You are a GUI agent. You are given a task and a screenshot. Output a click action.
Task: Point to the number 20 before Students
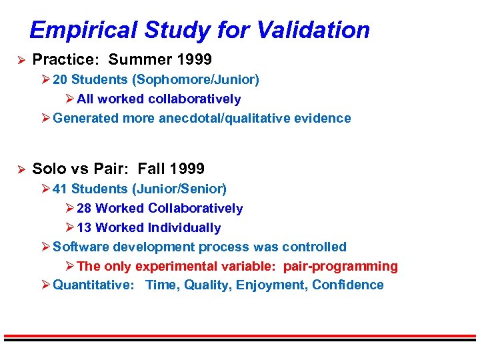pos(60,80)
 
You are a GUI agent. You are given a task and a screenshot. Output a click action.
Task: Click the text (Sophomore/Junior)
pos(196,80)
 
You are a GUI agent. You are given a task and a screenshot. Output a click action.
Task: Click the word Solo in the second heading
pos(50,169)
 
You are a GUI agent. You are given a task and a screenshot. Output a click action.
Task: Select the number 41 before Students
pos(60,189)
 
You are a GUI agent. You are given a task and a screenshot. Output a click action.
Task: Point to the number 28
pos(85,209)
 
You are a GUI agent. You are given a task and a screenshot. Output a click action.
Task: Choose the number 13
pos(85,228)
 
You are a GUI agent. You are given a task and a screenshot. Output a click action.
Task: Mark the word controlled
pos(314,247)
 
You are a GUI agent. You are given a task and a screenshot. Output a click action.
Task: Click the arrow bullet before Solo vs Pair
pos(20,169)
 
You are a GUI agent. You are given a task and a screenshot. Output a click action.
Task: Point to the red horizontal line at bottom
pos(240,335)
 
